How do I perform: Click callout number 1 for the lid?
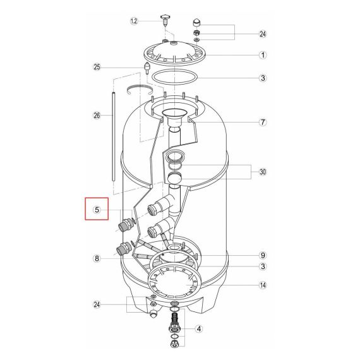[263, 55]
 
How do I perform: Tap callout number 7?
[263, 123]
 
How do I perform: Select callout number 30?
[263, 172]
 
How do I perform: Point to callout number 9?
[263, 255]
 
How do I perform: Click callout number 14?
[263, 285]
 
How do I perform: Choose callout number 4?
[199, 329]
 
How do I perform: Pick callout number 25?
[97, 67]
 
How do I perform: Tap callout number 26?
[97, 115]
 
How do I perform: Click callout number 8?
[97, 258]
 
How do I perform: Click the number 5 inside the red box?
[97, 210]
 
